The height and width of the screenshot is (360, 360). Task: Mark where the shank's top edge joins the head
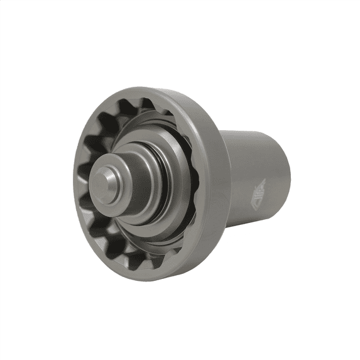223,132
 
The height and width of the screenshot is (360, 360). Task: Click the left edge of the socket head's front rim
74,188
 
